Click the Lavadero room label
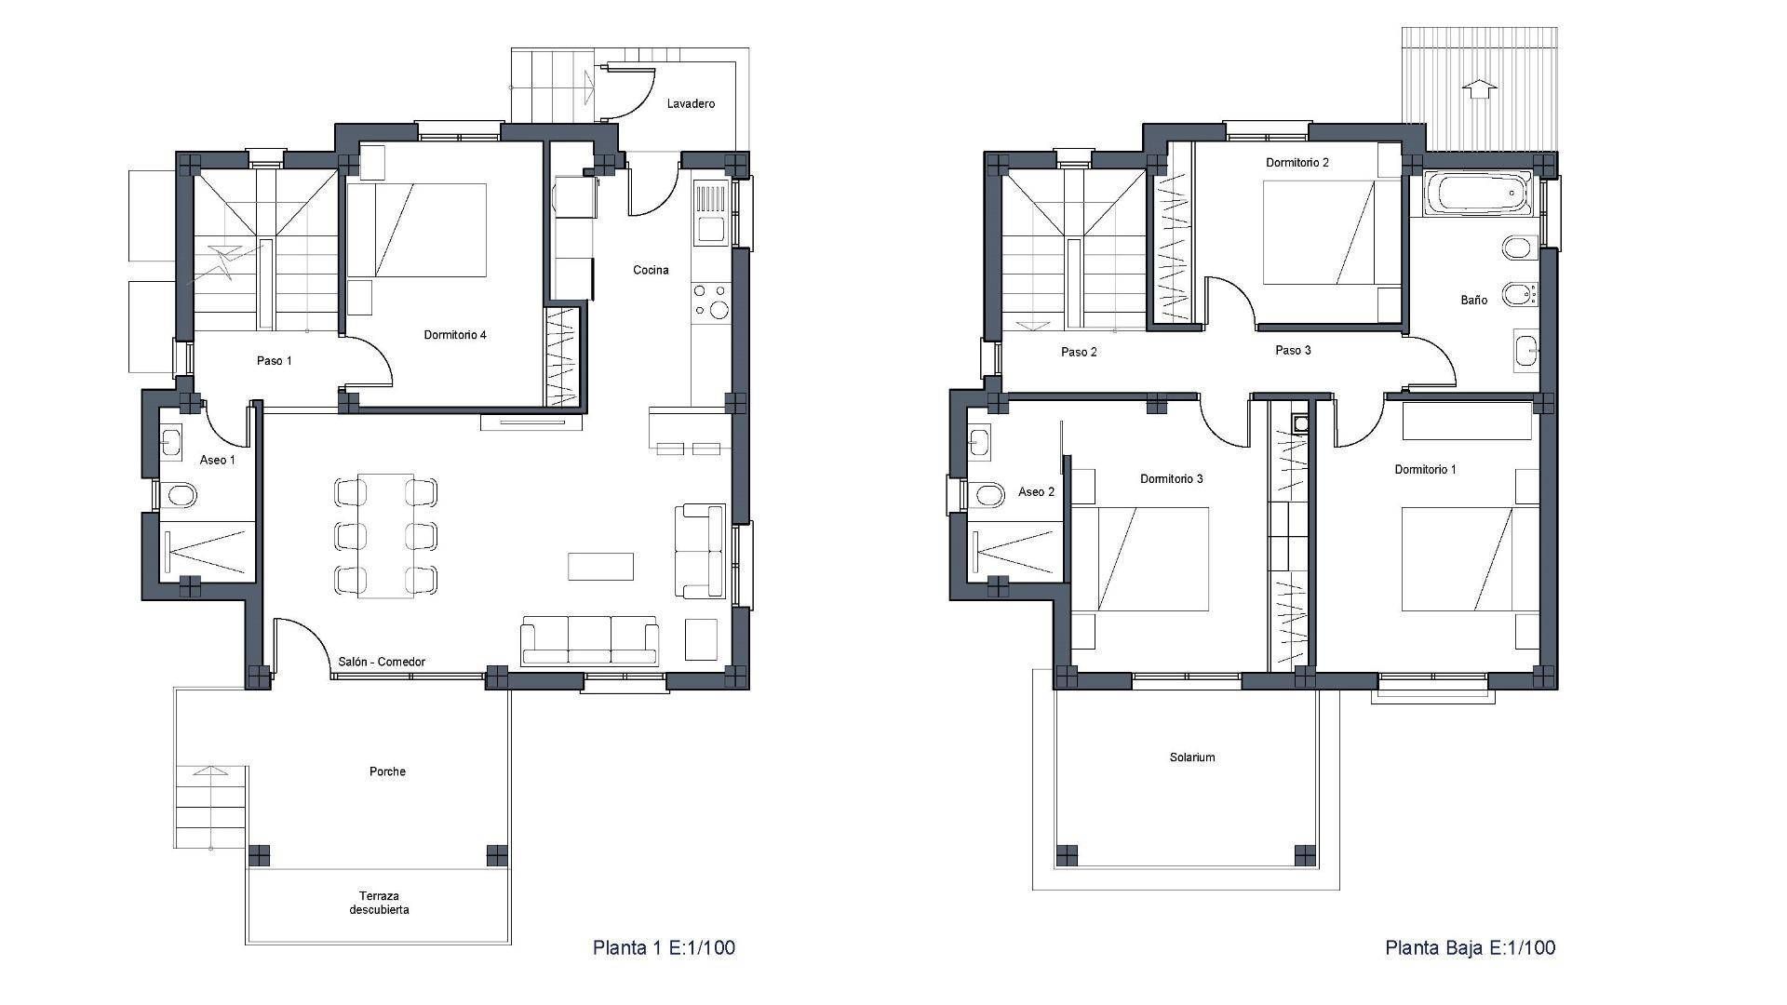click(691, 103)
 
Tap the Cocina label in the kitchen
click(651, 270)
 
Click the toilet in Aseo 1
click(179, 494)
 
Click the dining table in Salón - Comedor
click(385, 535)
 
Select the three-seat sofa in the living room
click(590, 640)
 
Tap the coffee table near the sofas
click(600, 567)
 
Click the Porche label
click(387, 771)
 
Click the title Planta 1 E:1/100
click(664, 947)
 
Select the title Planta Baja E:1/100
click(1470, 947)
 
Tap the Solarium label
click(1192, 757)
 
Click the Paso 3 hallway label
click(1293, 350)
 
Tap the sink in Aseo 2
click(981, 442)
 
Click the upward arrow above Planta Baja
click(1480, 88)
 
